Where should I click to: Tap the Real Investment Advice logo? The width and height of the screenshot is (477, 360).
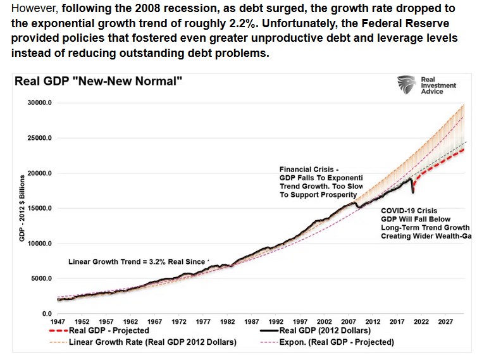pos(421,85)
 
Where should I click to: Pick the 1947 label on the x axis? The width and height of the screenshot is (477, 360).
pos(58,321)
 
